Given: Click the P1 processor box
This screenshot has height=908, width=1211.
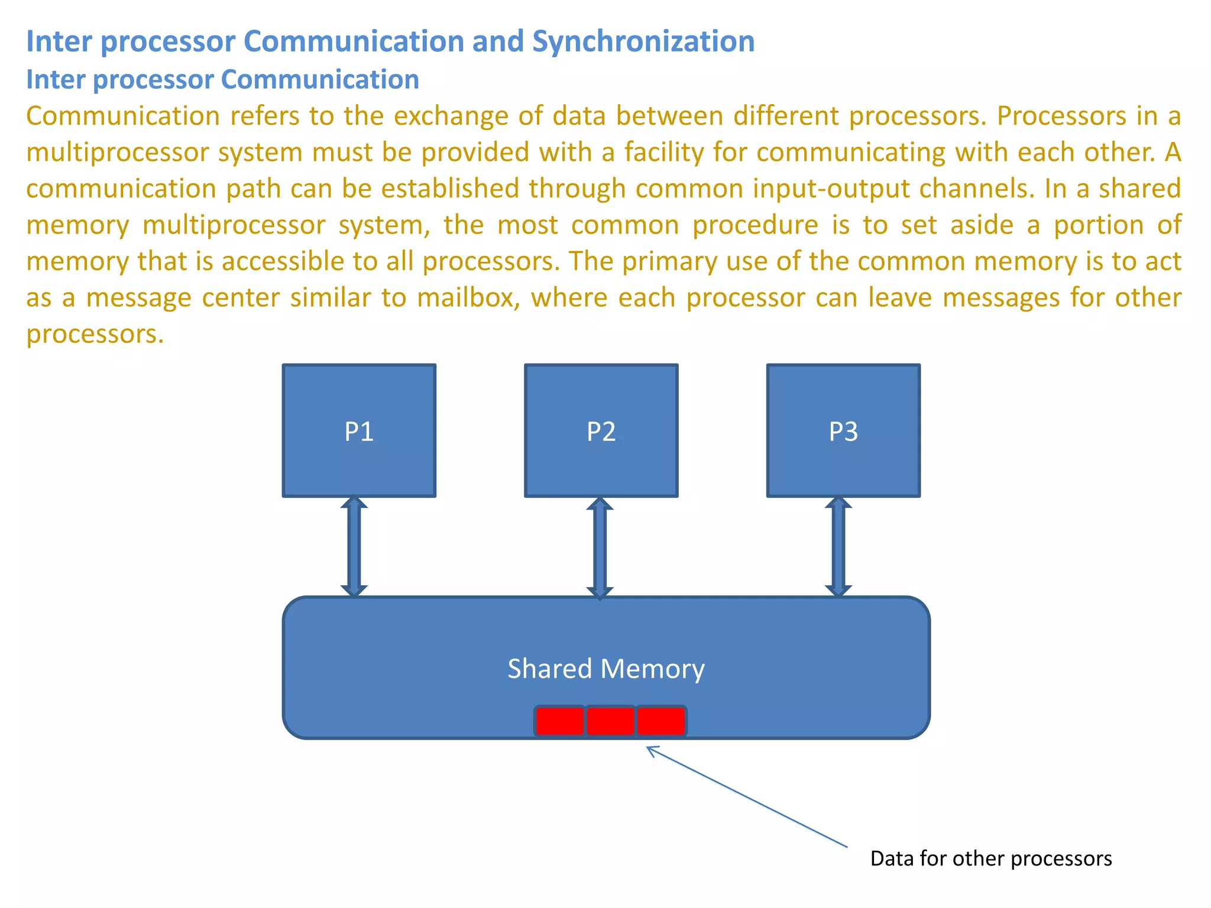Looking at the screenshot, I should pyautogui.click(x=359, y=430).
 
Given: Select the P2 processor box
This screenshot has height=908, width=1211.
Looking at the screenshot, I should pyautogui.click(x=601, y=430).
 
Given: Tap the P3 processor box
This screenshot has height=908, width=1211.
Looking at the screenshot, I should pyautogui.click(x=843, y=430).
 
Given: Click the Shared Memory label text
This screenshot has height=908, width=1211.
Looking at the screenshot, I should pyautogui.click(x=605, y=669).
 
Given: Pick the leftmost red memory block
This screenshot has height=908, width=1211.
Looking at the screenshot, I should pyautogui.click(x=559, y=721).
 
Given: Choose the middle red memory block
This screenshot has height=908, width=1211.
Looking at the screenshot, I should pyautogui.click(x=610, y=721).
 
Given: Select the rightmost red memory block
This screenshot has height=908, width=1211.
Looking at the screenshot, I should pyautogui.click(x=661, y=721).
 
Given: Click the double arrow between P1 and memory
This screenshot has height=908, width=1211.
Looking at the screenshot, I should pyautogui.click(x=354, y=546).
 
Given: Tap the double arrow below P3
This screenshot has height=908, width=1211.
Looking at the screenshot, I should pyautogui.click(x=838, y=546).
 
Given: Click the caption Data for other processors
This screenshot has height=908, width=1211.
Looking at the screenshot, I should pyautogui.click(x=990, y=858).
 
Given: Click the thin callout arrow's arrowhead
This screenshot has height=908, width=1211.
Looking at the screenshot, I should pyautogui.click(x=650, y=750).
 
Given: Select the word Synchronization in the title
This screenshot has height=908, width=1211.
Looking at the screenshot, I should pyautogui.click(x=643, y=41).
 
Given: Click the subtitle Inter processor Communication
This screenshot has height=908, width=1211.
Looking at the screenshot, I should pyautogui.click(x=222, y=79).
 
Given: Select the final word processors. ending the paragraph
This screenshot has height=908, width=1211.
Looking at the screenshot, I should pyautogui.click(x=95, y=334).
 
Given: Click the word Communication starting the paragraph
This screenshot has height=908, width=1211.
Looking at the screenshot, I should pyautogui.click(x=123, y=116).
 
